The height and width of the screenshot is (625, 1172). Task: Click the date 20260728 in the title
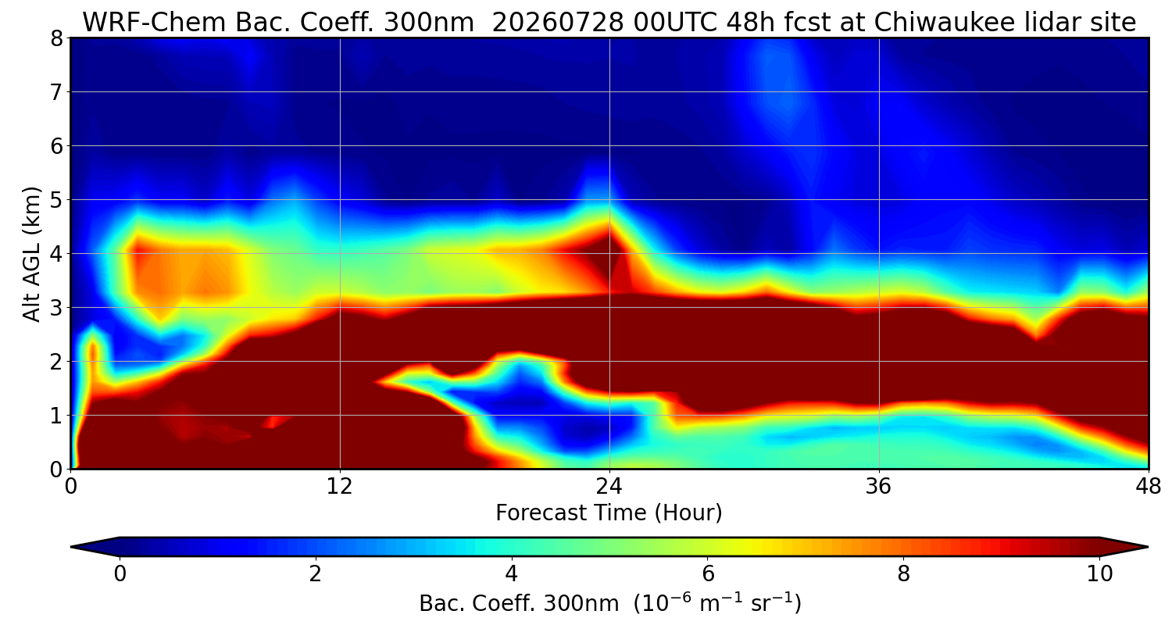pos(558,23)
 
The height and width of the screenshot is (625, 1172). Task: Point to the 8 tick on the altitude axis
pos(56,39)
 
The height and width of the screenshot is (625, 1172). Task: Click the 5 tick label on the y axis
pos(56,200)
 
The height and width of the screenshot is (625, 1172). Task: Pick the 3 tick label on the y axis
pos(56,308)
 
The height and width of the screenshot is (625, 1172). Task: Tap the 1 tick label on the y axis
pos(56,416)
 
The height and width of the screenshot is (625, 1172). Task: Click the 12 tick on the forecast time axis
pos(340,487)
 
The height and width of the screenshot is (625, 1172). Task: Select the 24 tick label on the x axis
pos(609,487)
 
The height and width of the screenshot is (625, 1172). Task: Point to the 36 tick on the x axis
pos(878,487)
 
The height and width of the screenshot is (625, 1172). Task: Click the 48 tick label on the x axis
pos(1149,487)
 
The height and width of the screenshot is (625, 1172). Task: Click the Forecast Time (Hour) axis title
pos(609,513)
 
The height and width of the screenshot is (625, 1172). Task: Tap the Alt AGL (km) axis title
pos(32,254)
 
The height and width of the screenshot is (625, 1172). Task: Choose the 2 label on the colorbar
pos(315,574)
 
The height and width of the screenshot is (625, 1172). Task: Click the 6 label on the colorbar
pos(708,574)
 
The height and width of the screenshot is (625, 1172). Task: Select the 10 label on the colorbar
pos(1100,574)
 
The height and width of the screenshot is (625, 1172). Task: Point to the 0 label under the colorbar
pos(120,574)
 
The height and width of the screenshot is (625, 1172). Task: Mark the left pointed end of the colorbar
pos(71,547)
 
